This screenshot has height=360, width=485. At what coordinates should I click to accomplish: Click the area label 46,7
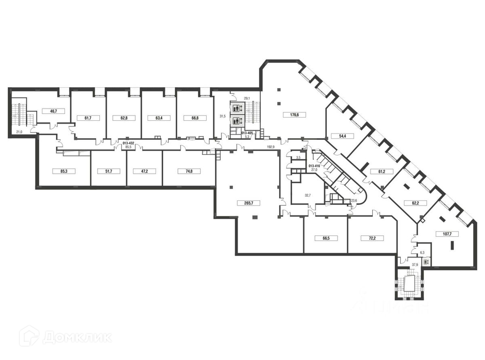[x=53, y=110]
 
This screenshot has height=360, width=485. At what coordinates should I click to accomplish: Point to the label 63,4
[x=158, y=118]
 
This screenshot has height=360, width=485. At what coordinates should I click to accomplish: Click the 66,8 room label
[x=194, y=118]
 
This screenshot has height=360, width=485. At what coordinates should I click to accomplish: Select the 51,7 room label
[x=108, y=171]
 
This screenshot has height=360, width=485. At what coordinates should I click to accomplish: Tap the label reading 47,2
[x=144, y=171]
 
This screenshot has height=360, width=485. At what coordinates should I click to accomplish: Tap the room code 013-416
[x=314, y=166]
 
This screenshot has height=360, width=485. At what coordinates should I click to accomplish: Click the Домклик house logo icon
[x=29, y=336]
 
